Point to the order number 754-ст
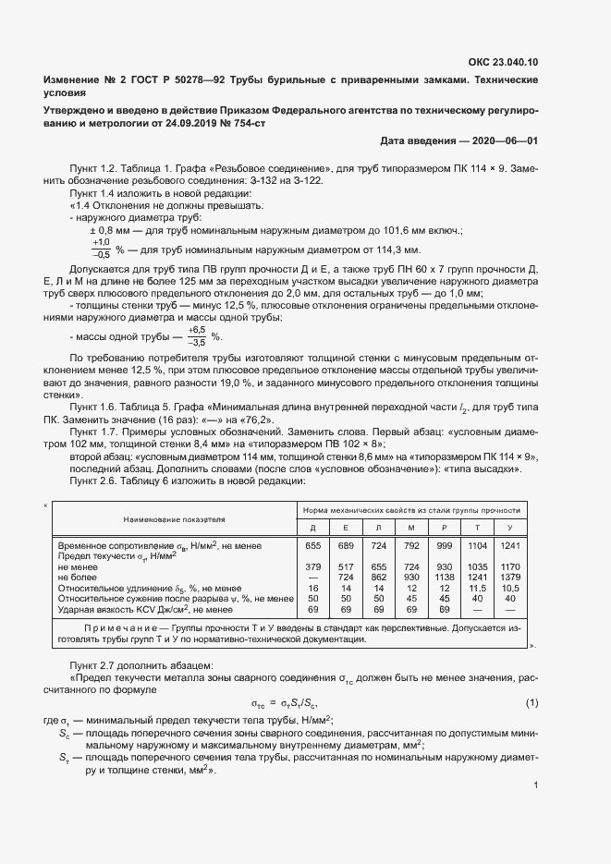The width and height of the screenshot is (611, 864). (x=242, y=123)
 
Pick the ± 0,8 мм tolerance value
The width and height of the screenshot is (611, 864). (x=111, y=229)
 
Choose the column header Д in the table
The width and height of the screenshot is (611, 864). (x=312, y=527)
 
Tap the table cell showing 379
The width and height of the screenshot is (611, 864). (x=312, y=566)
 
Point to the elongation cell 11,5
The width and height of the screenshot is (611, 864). (x=477, y=587)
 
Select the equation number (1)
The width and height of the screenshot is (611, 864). (x=532, y=703)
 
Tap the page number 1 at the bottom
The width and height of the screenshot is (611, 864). (x=536, y=785)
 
